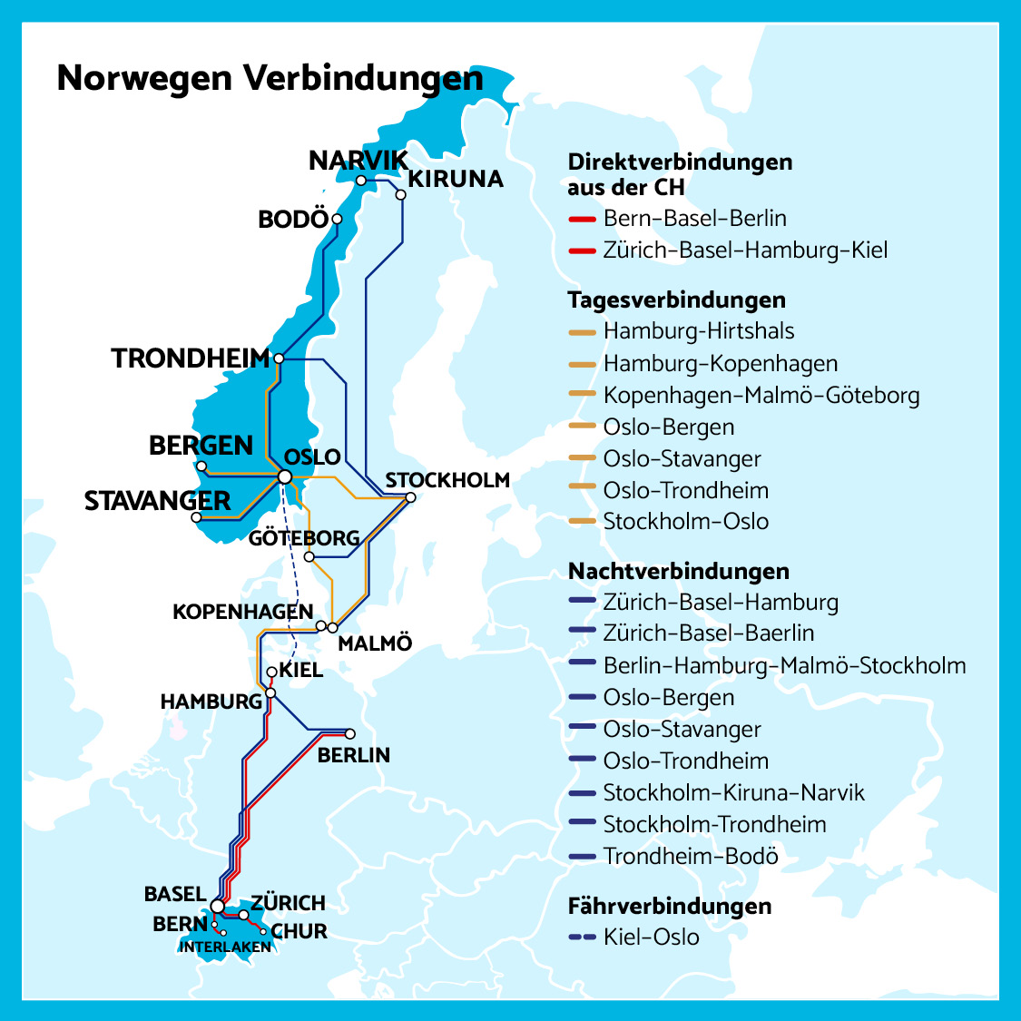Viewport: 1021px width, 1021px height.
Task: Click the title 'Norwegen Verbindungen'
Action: [x=270, y=79]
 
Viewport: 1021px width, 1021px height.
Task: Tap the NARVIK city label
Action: [x=358, y=162]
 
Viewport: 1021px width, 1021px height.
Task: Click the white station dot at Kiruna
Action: [x=400, y=194]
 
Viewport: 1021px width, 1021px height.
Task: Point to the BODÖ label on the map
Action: [x=292, y=220]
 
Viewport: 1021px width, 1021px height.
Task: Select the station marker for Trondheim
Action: [x=279, y=358]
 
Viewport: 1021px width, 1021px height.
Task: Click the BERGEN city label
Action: [x=201, y=446]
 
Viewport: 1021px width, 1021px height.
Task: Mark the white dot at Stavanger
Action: [x=196, y=517]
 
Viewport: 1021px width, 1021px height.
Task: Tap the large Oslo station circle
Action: [x=285, y=476]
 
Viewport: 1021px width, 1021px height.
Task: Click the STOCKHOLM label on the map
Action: [x=447, y=480]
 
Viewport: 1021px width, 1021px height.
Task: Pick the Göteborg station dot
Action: [x=309, y=556]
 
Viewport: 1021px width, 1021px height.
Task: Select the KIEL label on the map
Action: [x=300, y=671]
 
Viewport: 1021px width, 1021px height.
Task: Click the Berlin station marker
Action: [x=350, y=734]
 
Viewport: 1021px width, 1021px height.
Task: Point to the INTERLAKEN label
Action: [x=225, y=947]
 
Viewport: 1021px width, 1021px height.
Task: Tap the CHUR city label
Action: [x=299, y=931]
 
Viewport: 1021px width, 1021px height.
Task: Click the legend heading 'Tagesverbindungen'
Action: [x=676, y=300]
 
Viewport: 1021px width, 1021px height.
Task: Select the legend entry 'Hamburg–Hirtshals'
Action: [x=698, y=332]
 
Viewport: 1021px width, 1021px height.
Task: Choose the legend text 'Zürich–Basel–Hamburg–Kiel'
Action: [x=745, y=250]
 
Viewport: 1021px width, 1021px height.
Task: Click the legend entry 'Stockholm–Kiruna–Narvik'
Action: [x=733, y=793]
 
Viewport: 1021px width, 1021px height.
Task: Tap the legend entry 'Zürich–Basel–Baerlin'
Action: [x=708, y=633]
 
